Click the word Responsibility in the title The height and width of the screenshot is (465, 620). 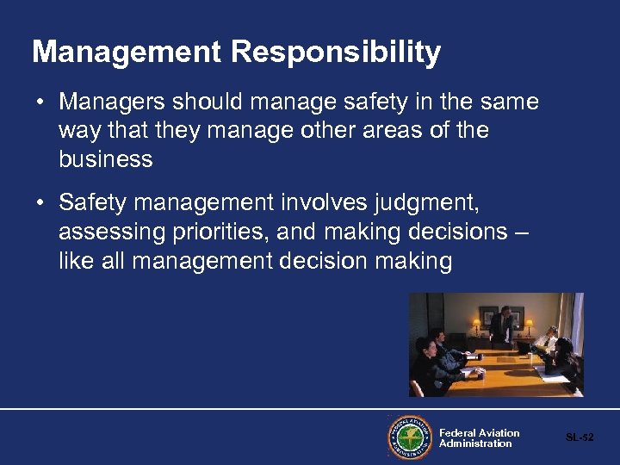pyautogui.click(x=336, y=53)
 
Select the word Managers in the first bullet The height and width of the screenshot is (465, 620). pyautogui.click(x=114, y=102)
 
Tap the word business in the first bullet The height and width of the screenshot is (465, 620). pyautogui.click(x=106, y=159)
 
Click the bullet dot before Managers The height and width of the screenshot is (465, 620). pyautogui.click(x=40, y=102)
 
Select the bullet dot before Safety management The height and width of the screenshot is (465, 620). pyautogui.click(x=40, y=203)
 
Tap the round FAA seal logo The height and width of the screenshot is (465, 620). pyautogui.click(x=409, y=437)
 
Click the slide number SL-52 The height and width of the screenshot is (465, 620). pyautogui.click(x=580, y=437)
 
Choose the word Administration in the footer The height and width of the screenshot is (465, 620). pyautogui.click(x=475, y=443)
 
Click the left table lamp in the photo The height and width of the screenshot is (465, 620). pyautogui.click(x=476, y=325)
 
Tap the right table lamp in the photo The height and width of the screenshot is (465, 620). pyautogui.click(x=529, y=325)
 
